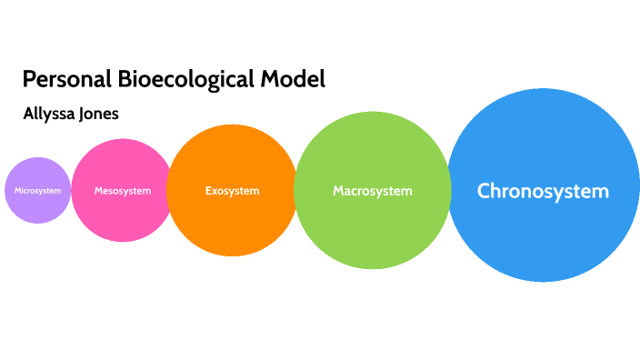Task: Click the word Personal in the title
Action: click(66, 80)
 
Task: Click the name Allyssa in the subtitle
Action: click(51, 115)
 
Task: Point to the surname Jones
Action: click(100, 115)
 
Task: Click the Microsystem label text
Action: click(38, 191)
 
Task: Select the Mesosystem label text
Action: click(122, 191)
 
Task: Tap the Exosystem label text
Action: click(232, 191)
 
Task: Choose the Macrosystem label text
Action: click(373, 191)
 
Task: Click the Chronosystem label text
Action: click(543, 192)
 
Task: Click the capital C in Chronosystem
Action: click(485, 192)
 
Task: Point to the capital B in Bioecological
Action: click(125, 80)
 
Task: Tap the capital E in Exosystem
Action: click(208, 191)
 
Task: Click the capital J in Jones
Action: click(85, 115)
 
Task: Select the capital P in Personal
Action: click(28, 80)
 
